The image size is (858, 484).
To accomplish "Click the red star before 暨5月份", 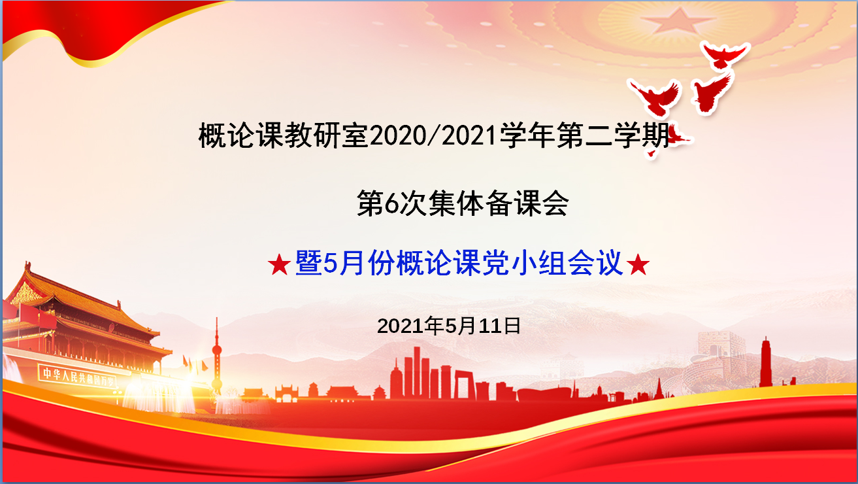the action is pos(279,265).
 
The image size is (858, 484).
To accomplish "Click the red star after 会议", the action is pos(638,265).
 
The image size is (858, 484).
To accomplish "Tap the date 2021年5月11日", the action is pos(449,326).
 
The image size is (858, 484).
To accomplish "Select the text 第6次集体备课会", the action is pos(463,203).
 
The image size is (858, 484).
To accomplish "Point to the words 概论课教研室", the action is pos(284,135).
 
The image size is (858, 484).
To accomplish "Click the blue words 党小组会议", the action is pos(552,263).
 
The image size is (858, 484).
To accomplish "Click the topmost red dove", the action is pos(724,54).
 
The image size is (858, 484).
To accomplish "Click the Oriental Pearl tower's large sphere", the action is pos(217,350).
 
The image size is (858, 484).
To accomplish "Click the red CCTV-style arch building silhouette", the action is pos(465,385).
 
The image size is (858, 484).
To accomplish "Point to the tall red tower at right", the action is pos(766,362).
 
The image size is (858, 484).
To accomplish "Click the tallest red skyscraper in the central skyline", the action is pos(417,372).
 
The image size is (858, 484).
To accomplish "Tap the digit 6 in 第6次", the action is pos(391,203).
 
